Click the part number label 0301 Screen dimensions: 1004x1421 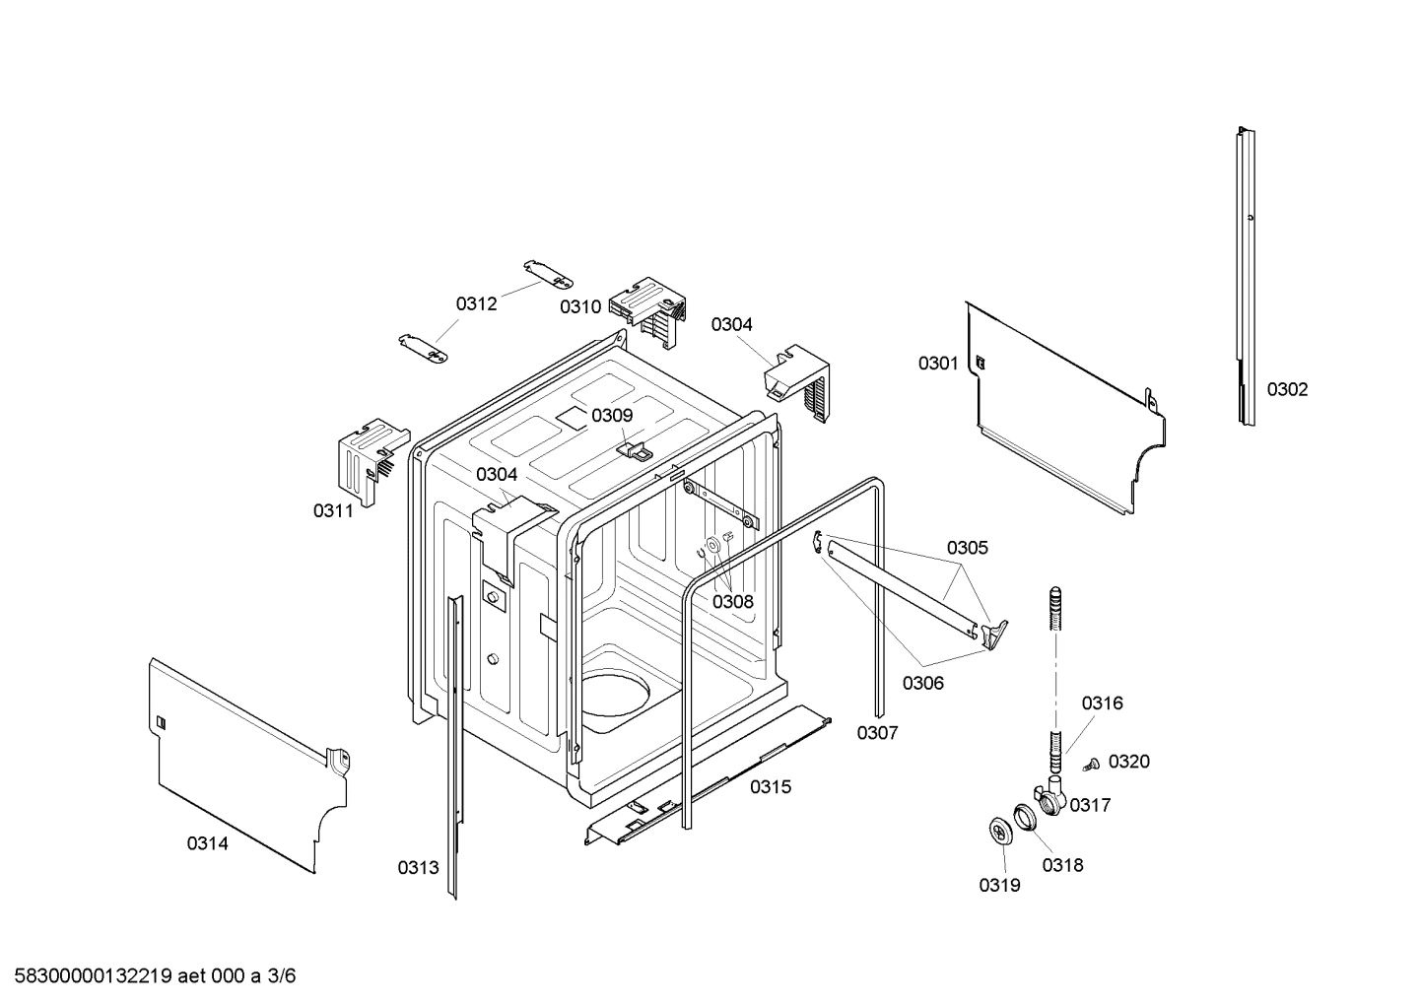click(x=937, y=364)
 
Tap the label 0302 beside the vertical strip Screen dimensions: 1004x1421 click(x=1287, y=389)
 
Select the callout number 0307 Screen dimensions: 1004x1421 click(x=877, y=732)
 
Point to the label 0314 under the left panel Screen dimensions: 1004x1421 click(x=207, y=843)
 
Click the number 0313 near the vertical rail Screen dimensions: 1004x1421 click(x=418, y=867)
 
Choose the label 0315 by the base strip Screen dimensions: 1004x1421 click(x=770, y=786)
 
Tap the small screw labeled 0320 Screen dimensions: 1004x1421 click(x=1090, y=763)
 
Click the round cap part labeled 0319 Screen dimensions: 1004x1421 click(x=1001, y=831)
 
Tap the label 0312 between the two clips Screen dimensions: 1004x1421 click(x=476, y=303)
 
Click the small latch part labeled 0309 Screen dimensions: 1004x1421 click(x=636, y=450)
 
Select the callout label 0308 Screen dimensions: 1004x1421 click(x=733, y=601)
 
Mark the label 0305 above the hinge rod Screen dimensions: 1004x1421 click(x=967, y=548)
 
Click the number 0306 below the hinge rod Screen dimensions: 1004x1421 click(x=922, y=683)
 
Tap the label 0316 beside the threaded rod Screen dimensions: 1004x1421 click(x=1102, y=703)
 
